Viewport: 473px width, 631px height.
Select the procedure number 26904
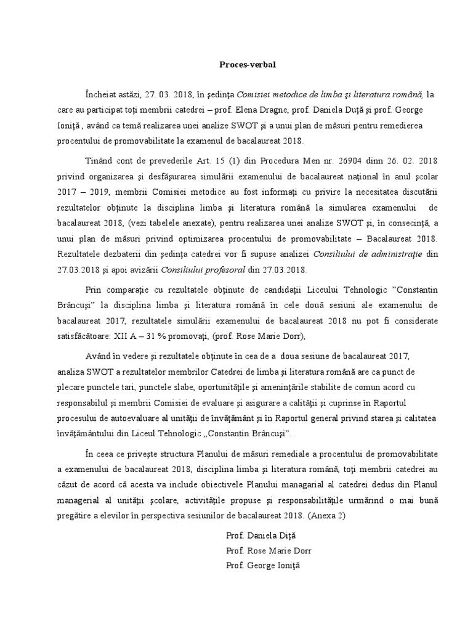[x=331, y=161]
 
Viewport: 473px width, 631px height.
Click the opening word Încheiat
[x=103, y=94]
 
